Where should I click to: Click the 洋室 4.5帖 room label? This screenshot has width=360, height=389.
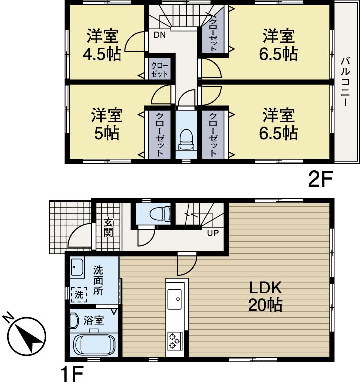(x=103, y=45)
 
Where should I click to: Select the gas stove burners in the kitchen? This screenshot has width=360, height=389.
(x=175, y=340)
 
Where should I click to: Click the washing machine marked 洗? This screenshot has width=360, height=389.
(x=78, y=294)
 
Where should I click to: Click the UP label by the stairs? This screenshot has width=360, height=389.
(x=211, y=231)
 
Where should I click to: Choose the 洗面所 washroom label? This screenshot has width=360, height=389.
(x=98, y=282)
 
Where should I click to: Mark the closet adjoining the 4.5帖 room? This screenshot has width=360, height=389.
(x=160, y=69)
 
